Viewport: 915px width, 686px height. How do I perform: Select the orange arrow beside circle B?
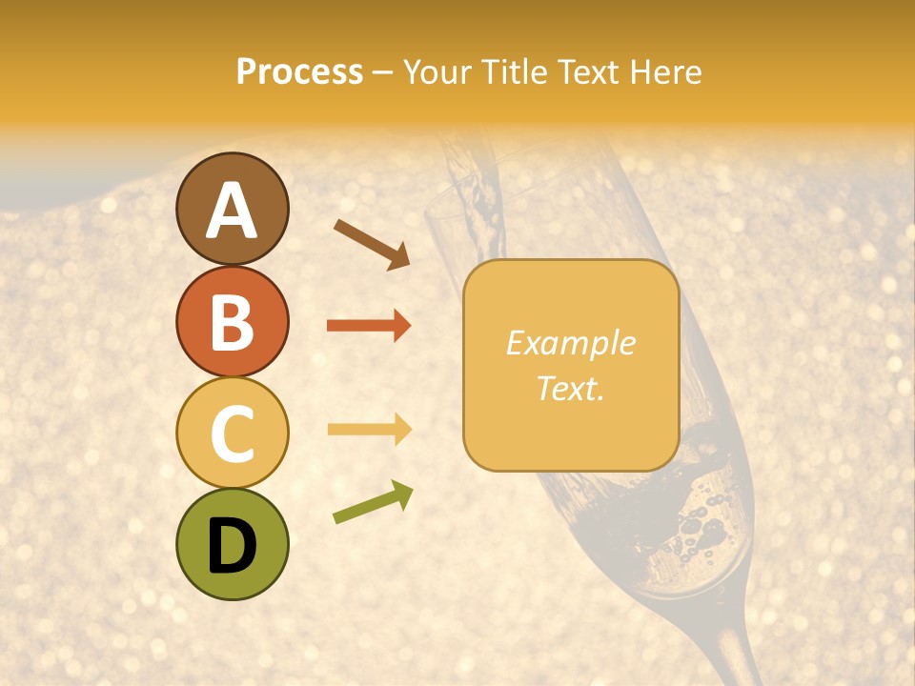click(369, 326)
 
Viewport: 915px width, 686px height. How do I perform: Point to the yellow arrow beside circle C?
click(369, 430)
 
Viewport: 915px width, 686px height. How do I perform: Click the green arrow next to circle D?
click(373, 502)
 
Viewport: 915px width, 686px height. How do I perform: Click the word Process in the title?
click(299, 72)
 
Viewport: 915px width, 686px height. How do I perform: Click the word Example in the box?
click(570, 343)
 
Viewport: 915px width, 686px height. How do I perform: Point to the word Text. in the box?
click(570, 388)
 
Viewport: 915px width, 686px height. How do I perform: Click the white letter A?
click(232, 212)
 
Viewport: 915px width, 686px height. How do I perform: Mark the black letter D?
click(232, 546)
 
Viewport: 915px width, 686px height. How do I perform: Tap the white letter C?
click(232, 434)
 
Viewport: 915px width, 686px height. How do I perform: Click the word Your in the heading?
click(437, 72)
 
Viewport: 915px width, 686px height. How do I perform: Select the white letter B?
click(232, 322)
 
